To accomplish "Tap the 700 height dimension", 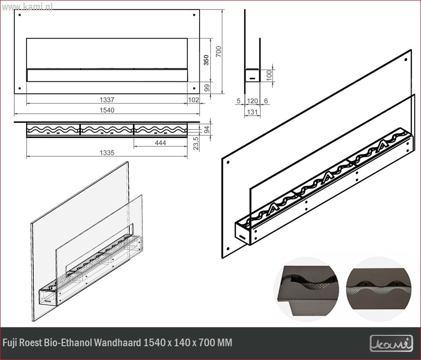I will pos(219,51).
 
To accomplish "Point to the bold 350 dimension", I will pos(206,60).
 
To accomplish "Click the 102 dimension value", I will pos(193,100).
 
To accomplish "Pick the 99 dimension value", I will pos(206,88).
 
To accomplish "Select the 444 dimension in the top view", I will pos(161,143).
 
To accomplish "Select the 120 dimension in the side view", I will pos(252,101).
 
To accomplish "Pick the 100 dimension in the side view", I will pos(269,75).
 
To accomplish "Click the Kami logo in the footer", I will pos(391,343).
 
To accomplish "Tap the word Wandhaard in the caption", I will pos(117,342).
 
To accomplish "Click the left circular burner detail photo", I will pos(306,290).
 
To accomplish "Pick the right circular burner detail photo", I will pos(378,290).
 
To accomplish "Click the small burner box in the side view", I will pos(252,75).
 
